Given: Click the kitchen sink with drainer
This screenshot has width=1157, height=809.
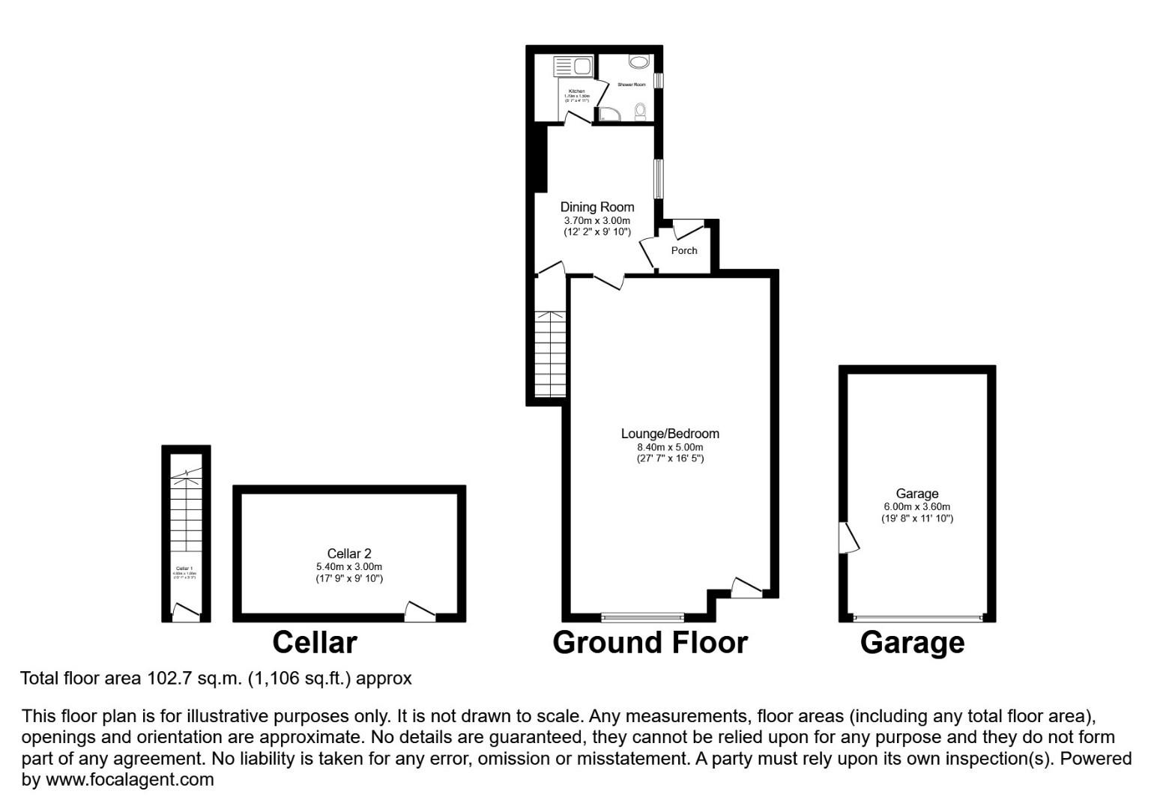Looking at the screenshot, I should [x=573, y=67].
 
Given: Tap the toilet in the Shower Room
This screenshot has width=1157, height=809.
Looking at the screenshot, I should [x=640, y=112].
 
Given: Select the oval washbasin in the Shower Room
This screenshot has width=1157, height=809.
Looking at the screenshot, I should [x=639, y=62].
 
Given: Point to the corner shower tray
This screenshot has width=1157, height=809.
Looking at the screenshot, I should [x=610, y=114].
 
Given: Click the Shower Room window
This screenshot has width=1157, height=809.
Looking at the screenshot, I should [x=657, y=80].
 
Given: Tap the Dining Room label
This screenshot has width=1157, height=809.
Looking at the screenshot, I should [x=597, y=207].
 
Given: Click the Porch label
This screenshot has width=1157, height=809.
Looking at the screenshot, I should [x=683, y=251].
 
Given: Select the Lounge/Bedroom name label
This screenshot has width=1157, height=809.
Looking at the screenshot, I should [x=670, y=434].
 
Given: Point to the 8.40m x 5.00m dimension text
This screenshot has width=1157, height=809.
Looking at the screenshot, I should [x=670, y=447].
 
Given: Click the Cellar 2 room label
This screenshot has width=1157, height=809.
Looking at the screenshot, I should [x=349, y=554].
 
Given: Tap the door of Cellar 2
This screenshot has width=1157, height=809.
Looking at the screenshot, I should [x=420, y=611].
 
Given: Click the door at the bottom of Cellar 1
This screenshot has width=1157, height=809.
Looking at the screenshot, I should [x=185, y=612].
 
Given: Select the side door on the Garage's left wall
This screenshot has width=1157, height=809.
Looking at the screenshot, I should [x=849, y=536].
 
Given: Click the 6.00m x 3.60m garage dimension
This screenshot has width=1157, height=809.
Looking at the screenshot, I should [x=917, y=507].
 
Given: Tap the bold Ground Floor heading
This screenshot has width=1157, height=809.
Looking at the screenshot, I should [x=650, y=643].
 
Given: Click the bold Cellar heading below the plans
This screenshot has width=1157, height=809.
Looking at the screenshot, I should [x=314, y=643].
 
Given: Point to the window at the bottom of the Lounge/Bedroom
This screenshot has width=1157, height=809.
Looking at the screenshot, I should [x=642, y=618].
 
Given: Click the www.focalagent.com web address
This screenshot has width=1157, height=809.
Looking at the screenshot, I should [x=130, y=780].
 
